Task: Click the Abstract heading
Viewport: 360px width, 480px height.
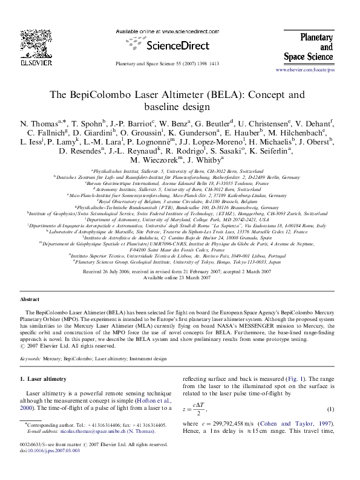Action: (30, 299)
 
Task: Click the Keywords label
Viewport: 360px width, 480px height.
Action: (30, 358)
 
